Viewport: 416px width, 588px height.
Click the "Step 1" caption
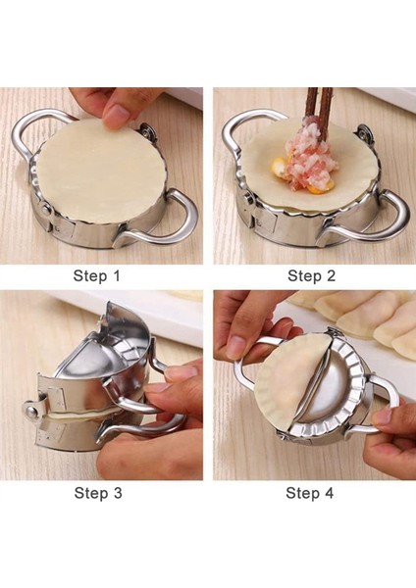coord(96,275)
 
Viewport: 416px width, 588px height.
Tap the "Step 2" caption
coord(311,275)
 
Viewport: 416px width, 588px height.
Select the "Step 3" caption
coord(98,492)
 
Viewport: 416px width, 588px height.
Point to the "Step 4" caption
coord(309,492)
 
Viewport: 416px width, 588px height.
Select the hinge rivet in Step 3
coord(30,410)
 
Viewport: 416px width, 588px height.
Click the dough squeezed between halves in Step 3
coord(86,416)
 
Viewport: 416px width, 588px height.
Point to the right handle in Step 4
coord(388,398)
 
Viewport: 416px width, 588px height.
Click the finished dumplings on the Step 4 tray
coord(359,318)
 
